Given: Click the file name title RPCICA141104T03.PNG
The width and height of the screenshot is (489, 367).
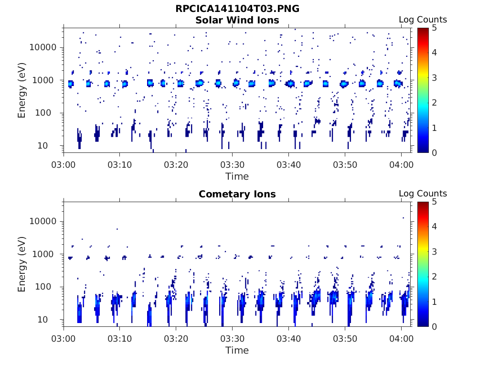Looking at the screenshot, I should (237, 9).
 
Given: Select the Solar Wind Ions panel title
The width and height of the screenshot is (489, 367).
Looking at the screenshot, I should (237, 20).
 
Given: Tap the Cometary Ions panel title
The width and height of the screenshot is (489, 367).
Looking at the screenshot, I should (237, 194).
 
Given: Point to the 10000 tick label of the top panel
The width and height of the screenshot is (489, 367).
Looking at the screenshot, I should (43, 47).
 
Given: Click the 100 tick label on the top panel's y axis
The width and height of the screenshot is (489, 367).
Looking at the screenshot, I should (49, 113).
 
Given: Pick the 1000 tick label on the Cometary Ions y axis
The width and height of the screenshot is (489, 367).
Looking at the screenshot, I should (46, 254).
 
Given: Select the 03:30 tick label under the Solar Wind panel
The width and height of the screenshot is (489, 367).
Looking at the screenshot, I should (232, 165).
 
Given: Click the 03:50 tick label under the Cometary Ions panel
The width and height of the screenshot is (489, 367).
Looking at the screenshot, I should (345, 339).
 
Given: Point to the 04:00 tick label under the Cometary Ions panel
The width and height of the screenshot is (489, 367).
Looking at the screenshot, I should (401, 339).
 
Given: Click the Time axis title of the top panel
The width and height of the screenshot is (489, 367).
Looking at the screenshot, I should (237, 176).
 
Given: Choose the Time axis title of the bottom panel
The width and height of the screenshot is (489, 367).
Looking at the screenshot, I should (237, 350).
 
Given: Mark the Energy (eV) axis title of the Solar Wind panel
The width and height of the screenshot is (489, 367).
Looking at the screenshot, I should (22, 90).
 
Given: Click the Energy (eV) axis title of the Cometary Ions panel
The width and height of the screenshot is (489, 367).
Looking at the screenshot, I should (22, 264).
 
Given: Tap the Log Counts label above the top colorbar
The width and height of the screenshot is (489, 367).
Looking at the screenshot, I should (423, 20).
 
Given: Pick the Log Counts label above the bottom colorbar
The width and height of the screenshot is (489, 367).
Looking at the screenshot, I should (423, 194).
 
